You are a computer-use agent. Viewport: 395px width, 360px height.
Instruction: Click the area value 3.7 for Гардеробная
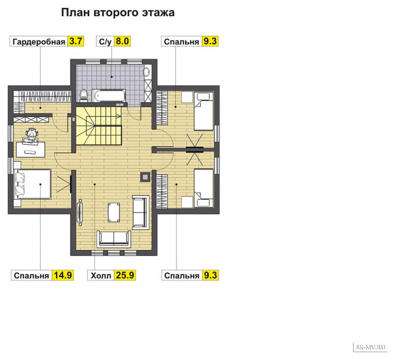[x=76, y=41]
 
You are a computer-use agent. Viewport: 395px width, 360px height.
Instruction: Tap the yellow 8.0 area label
[x=123, y=41]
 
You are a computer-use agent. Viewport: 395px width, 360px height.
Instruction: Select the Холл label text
[x=101, y=275]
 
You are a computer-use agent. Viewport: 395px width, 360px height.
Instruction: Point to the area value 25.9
[x=125, y=275]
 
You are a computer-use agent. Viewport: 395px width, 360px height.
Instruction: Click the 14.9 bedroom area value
[x=63, y=275]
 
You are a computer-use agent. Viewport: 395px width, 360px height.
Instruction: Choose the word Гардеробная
[x=39, y=41]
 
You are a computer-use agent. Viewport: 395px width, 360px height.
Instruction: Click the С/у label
[x=105, y=41]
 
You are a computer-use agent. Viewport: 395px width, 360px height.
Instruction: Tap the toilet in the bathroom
[x=83, y=95]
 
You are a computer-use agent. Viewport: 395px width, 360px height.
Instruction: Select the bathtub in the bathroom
[x=109, y=95]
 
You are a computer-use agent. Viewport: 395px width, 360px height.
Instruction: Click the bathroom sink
[x=147, y=72]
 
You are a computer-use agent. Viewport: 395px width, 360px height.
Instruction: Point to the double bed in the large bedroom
[x=33, y=184]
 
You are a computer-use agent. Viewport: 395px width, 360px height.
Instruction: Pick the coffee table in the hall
[x=114, y=213]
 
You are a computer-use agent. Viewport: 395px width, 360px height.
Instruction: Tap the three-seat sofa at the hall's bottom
[x=114, y=239]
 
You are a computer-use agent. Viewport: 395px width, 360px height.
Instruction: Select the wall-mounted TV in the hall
[x=80, y=213]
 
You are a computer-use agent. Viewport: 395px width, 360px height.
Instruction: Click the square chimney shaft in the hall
[x=145, y=177]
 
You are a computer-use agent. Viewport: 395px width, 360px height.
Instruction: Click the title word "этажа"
[x=158, y=12]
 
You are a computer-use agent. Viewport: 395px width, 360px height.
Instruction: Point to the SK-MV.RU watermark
[x=370, y=348]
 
